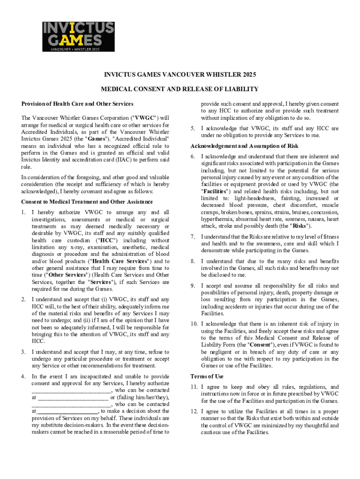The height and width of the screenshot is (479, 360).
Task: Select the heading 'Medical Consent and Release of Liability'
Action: pos(180,89)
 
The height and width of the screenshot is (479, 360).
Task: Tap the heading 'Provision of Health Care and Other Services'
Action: pos(77,103)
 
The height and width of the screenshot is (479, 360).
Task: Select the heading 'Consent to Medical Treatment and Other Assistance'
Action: pos(87,202)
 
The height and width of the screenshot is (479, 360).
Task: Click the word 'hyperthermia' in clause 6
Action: pos(217,218)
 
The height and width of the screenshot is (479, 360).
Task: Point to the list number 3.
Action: pos(23,352)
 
